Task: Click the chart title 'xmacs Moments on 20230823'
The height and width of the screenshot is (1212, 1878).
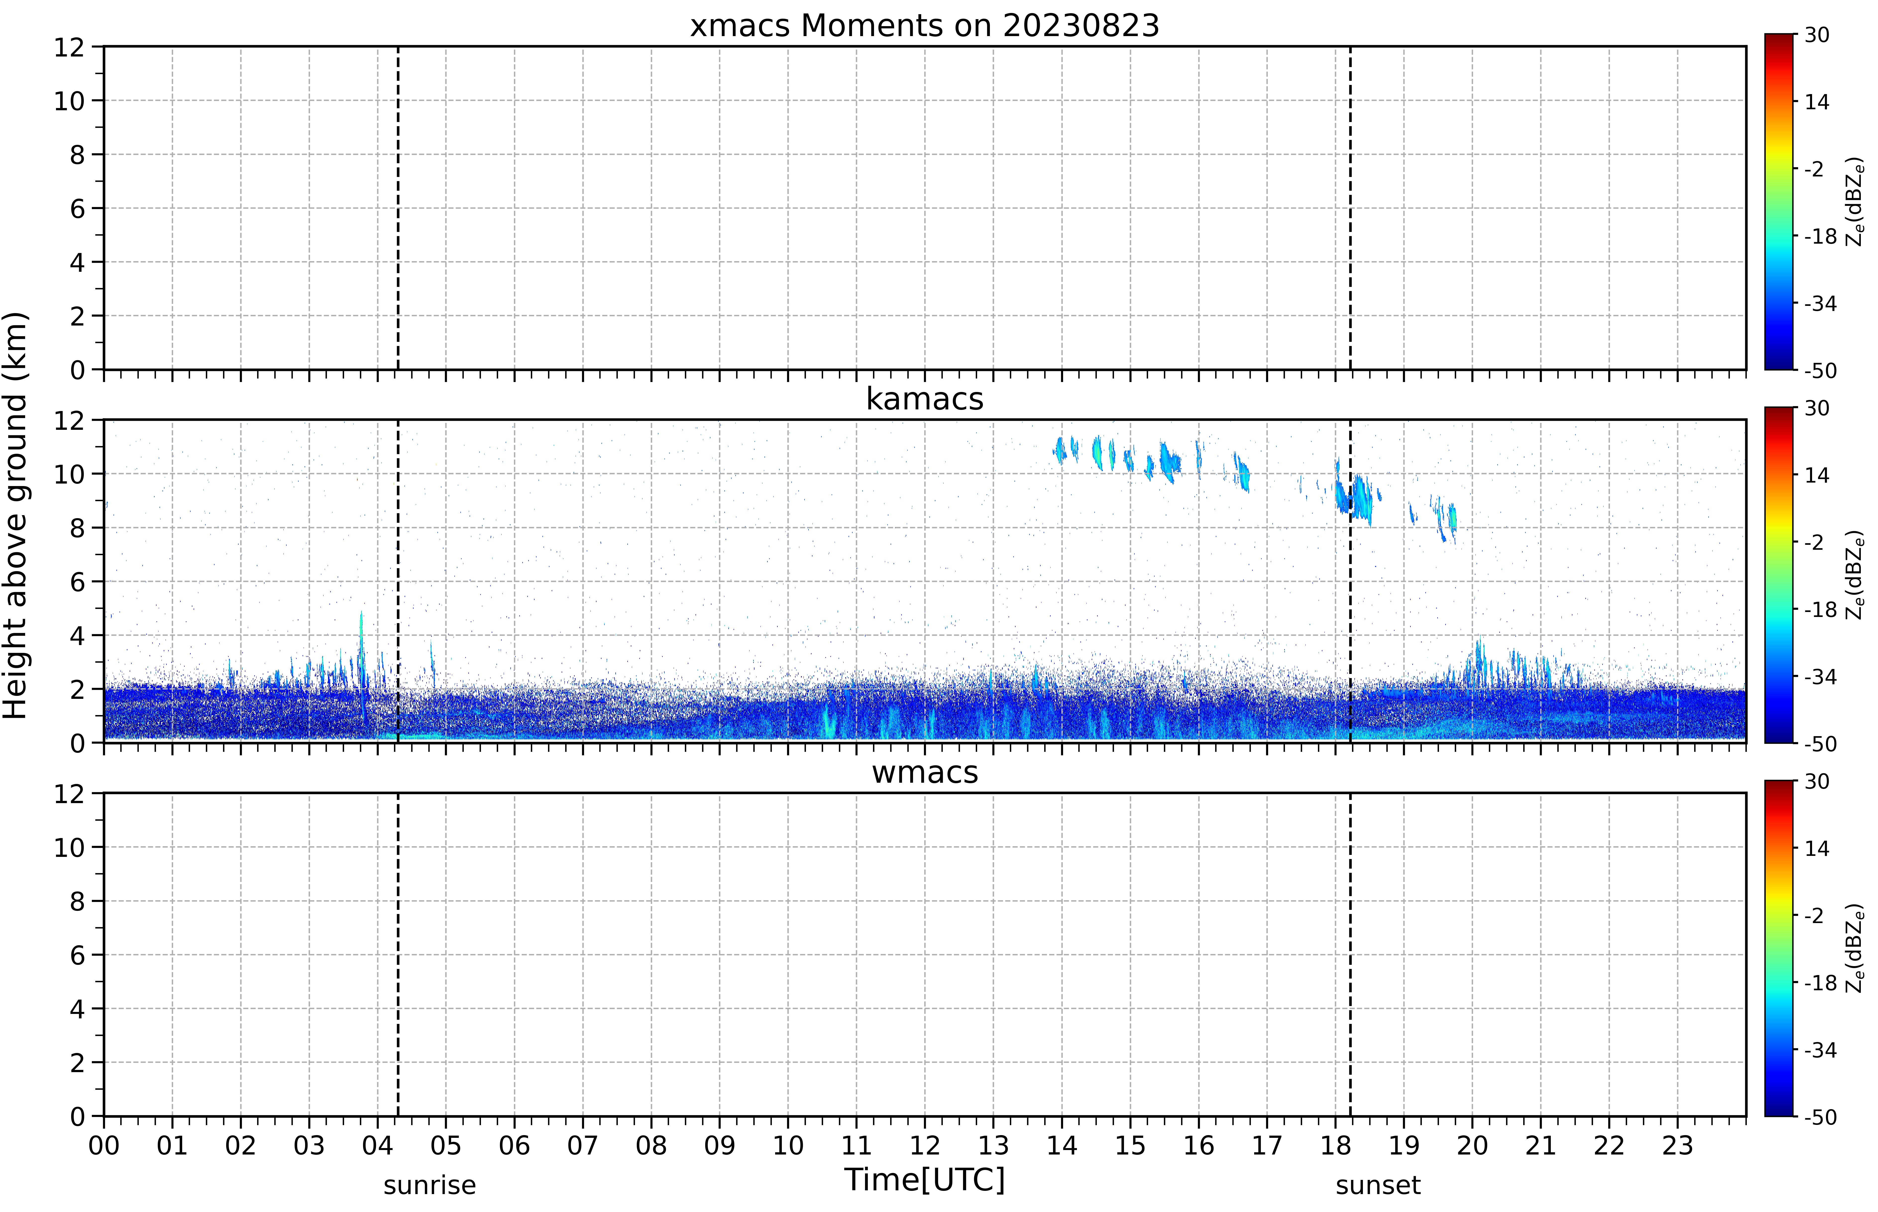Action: pyautogui.click(x=924, y=26)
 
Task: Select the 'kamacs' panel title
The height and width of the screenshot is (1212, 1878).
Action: pyautogui.click(x=924, y=399)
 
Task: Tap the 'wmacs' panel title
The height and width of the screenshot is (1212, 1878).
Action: pyautogui.click(x=924, y=772)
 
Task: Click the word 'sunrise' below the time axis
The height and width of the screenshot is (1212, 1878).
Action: pyautogui.click(x=429, y=1185)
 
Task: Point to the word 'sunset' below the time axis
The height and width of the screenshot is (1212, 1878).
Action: pyautogui.click(x=1378, y=1185)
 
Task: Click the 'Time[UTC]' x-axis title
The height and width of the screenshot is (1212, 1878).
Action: pyautogui.click(x=924, y=1180)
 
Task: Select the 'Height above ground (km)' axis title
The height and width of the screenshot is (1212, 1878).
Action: pyautogui.click(x=16, y=515)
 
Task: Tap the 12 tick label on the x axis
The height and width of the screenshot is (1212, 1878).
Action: pyautogui.click(x=924, y=1145)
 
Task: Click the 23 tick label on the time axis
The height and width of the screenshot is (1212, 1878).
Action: pyautogui.click(x=1677, y=1145)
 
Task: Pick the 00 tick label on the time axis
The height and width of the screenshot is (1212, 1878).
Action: pyautogui.click(x=104, y=1145)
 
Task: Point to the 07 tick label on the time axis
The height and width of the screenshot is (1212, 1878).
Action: pyautogui.click(x=583, y=1145)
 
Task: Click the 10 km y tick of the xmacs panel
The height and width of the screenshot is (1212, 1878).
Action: pyautogui.click(x=69, y=101)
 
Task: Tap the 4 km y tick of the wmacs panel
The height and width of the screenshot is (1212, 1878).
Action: pyautogui.click(x=77, y=1009)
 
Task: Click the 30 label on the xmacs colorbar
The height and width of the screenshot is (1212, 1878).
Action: pyautogui.click(x=1817, y=35)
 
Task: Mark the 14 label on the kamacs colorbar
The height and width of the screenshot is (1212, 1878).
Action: pyautogui.click(x=1817, y=475)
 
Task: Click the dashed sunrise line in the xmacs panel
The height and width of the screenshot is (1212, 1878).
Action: pyautogui.click(x=398, y=208)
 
